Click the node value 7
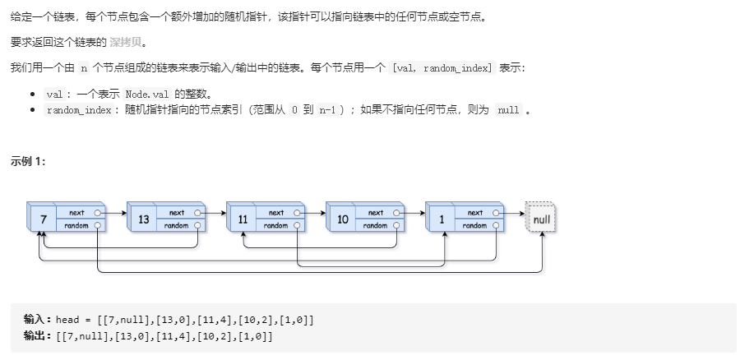tap(42, 220)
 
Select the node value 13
tap(143, 220)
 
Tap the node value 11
tap(243, 220)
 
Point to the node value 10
tap(342, 220)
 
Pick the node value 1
tap(442, 220)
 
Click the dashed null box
tap(541, 219)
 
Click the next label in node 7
tap(77, 213)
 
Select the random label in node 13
tap(176, 225)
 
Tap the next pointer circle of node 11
tap(296, 213)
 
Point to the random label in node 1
tap(474, 225)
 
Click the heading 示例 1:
tap(28, 161)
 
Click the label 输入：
tap(38, 319)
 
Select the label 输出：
tap(38, 336)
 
